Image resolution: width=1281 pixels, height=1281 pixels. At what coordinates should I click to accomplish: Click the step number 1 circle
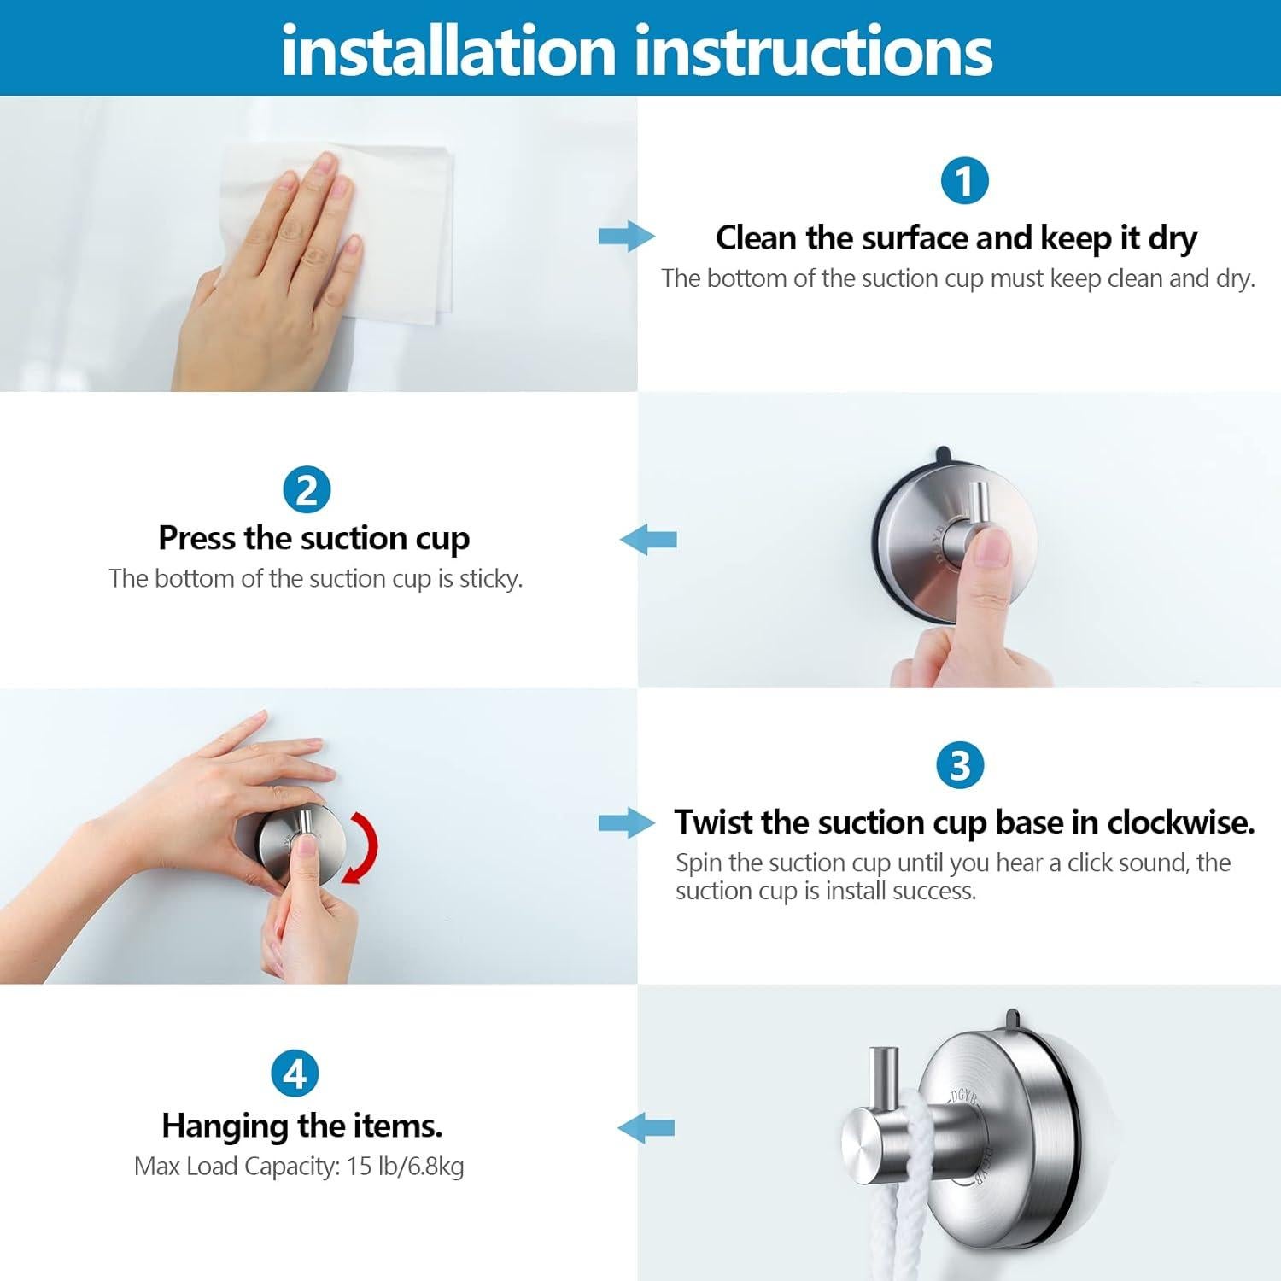click(x=964, y=181)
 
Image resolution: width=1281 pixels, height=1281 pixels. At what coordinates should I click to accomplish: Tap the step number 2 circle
click(x=306, y=490)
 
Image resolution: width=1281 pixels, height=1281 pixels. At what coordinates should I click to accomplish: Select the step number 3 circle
click(x=960, y=765)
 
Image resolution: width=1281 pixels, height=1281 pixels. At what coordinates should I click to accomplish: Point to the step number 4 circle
click(x=295, y=1073)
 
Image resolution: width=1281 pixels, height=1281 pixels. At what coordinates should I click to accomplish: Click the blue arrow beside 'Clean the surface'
click(x=627, y=236)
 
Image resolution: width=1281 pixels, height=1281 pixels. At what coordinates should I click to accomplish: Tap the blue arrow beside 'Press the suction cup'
click(x=648, y=540)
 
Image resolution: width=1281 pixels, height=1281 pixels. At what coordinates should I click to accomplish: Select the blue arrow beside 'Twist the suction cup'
click(x=627, y=823)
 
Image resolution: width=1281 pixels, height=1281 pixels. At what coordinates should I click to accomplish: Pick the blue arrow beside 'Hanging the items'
click(x=646, y=1128)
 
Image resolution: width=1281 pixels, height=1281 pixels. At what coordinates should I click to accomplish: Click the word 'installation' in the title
click(x=449, y=50)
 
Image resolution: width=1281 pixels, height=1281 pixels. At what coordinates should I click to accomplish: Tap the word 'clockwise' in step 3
click(x=1181, y=822)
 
